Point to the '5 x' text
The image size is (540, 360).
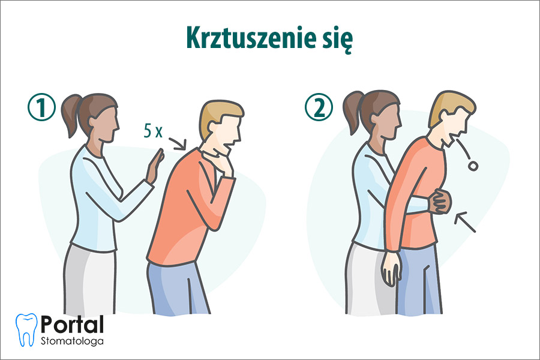click(154, 132)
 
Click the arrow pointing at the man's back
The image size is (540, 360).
click(178, 143)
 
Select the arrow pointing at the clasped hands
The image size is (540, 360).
click(466, 221)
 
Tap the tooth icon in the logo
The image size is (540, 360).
click(26, 328)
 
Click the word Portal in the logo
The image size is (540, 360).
click(72, 324)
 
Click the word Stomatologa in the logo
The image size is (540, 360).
click(72, 341)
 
